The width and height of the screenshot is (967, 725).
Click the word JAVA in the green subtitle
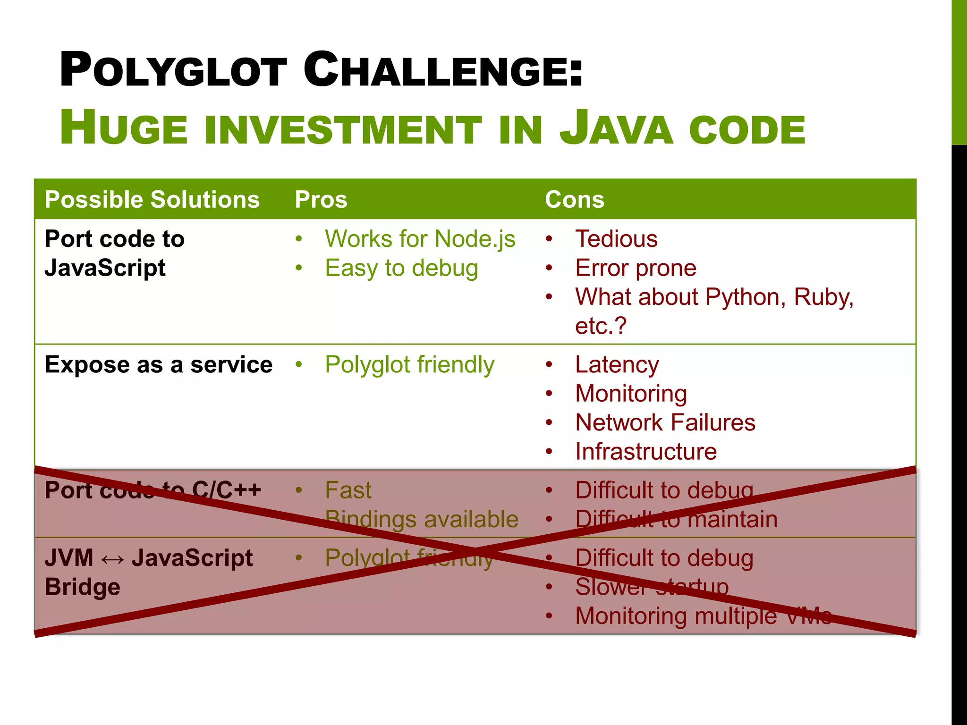click(616, 128)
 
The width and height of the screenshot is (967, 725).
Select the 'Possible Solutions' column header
click(152, 199)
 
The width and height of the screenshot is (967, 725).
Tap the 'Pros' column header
click(321, 199)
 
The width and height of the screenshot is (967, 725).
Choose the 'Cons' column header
click(574, 199)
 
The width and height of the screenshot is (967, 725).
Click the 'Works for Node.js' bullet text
click(420, 239)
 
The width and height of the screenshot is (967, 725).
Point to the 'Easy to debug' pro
click(401, 268)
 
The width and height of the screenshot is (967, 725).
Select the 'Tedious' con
click(616, 239)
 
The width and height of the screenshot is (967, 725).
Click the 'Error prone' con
click(636, 268)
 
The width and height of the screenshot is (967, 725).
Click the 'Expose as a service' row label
click(158, 365)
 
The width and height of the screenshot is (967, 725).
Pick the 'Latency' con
click(617, 365)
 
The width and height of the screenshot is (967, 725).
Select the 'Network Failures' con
click(665, 422)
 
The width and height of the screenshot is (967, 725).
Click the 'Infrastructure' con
click(645, 452)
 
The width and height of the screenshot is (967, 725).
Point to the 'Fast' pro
click(348, 490)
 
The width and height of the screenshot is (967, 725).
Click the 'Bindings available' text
click(422, 520)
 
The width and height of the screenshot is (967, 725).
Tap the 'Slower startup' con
click(652, 587)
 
